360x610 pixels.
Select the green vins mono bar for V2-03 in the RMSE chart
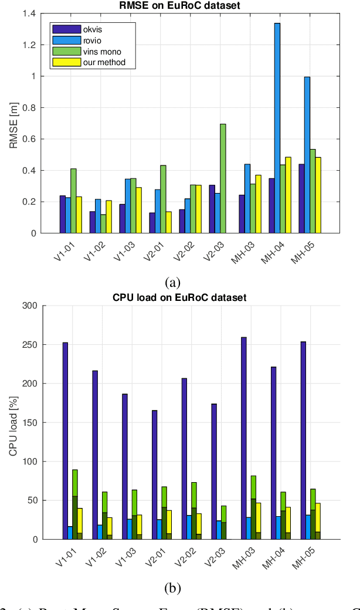click(223, 178)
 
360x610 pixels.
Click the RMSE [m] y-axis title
click(13, 123)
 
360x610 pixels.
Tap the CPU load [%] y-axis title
click(13, 422)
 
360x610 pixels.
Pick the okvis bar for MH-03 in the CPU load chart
click(243, 438)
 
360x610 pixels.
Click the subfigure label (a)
click(172, 282)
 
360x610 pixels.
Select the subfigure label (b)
click(172, 588)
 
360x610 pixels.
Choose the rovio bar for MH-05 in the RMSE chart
click(307, 155)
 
